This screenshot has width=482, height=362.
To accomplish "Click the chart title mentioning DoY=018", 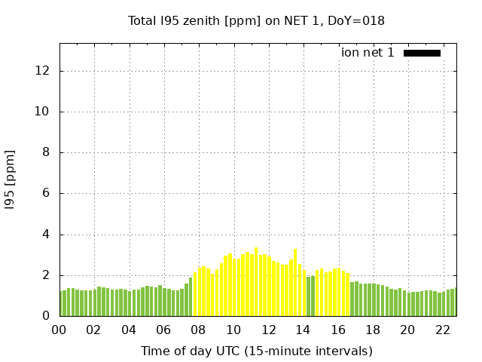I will [x=256, y=20].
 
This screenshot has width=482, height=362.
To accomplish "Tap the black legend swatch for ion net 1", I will [x=422, y=53].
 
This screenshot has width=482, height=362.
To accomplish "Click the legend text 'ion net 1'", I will [x=368, y=53].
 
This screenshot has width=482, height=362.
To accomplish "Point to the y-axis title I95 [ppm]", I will [x=11, y=179].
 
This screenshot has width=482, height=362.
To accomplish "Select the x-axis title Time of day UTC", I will [x=256, y=351].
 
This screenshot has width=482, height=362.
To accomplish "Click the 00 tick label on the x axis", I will [x=59, y=330].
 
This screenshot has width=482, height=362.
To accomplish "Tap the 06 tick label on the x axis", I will [x=164, y=330].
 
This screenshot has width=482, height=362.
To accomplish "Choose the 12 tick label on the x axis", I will [x=268, y=330].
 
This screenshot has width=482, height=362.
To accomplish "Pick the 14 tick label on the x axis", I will [x=303, y=330].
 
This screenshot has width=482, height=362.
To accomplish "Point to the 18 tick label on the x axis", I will [x=373, y=330].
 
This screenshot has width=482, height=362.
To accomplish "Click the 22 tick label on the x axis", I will [x=442, y=330].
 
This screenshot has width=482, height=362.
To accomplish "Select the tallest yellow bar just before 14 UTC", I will [x=295, y=283].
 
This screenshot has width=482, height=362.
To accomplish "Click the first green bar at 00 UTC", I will [x=63, y=304].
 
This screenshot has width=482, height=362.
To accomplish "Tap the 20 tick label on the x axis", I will [x=407, y=330].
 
